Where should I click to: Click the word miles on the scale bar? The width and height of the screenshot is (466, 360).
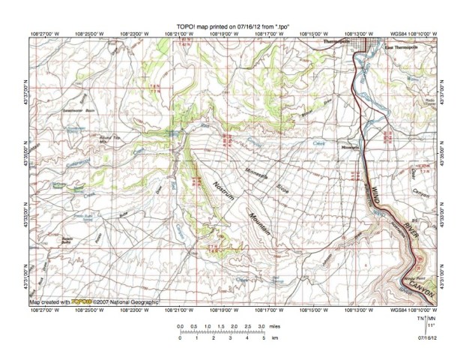[276, 328]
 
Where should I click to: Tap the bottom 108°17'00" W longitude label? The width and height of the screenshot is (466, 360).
[267, 308]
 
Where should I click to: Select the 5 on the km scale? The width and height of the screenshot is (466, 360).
[265, 339]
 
